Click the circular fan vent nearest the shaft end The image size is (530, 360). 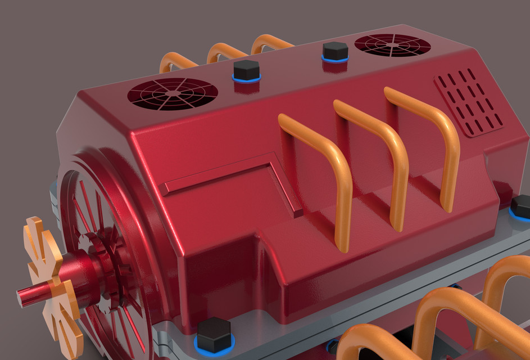click(x=172, y=94)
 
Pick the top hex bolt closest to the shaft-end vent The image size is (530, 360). click(x=246, y=70)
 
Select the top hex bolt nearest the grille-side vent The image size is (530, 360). click(x=335, y=51)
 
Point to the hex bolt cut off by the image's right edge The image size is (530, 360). click(x=521, y=206)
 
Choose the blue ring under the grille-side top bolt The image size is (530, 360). click(x=335, y=58)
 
